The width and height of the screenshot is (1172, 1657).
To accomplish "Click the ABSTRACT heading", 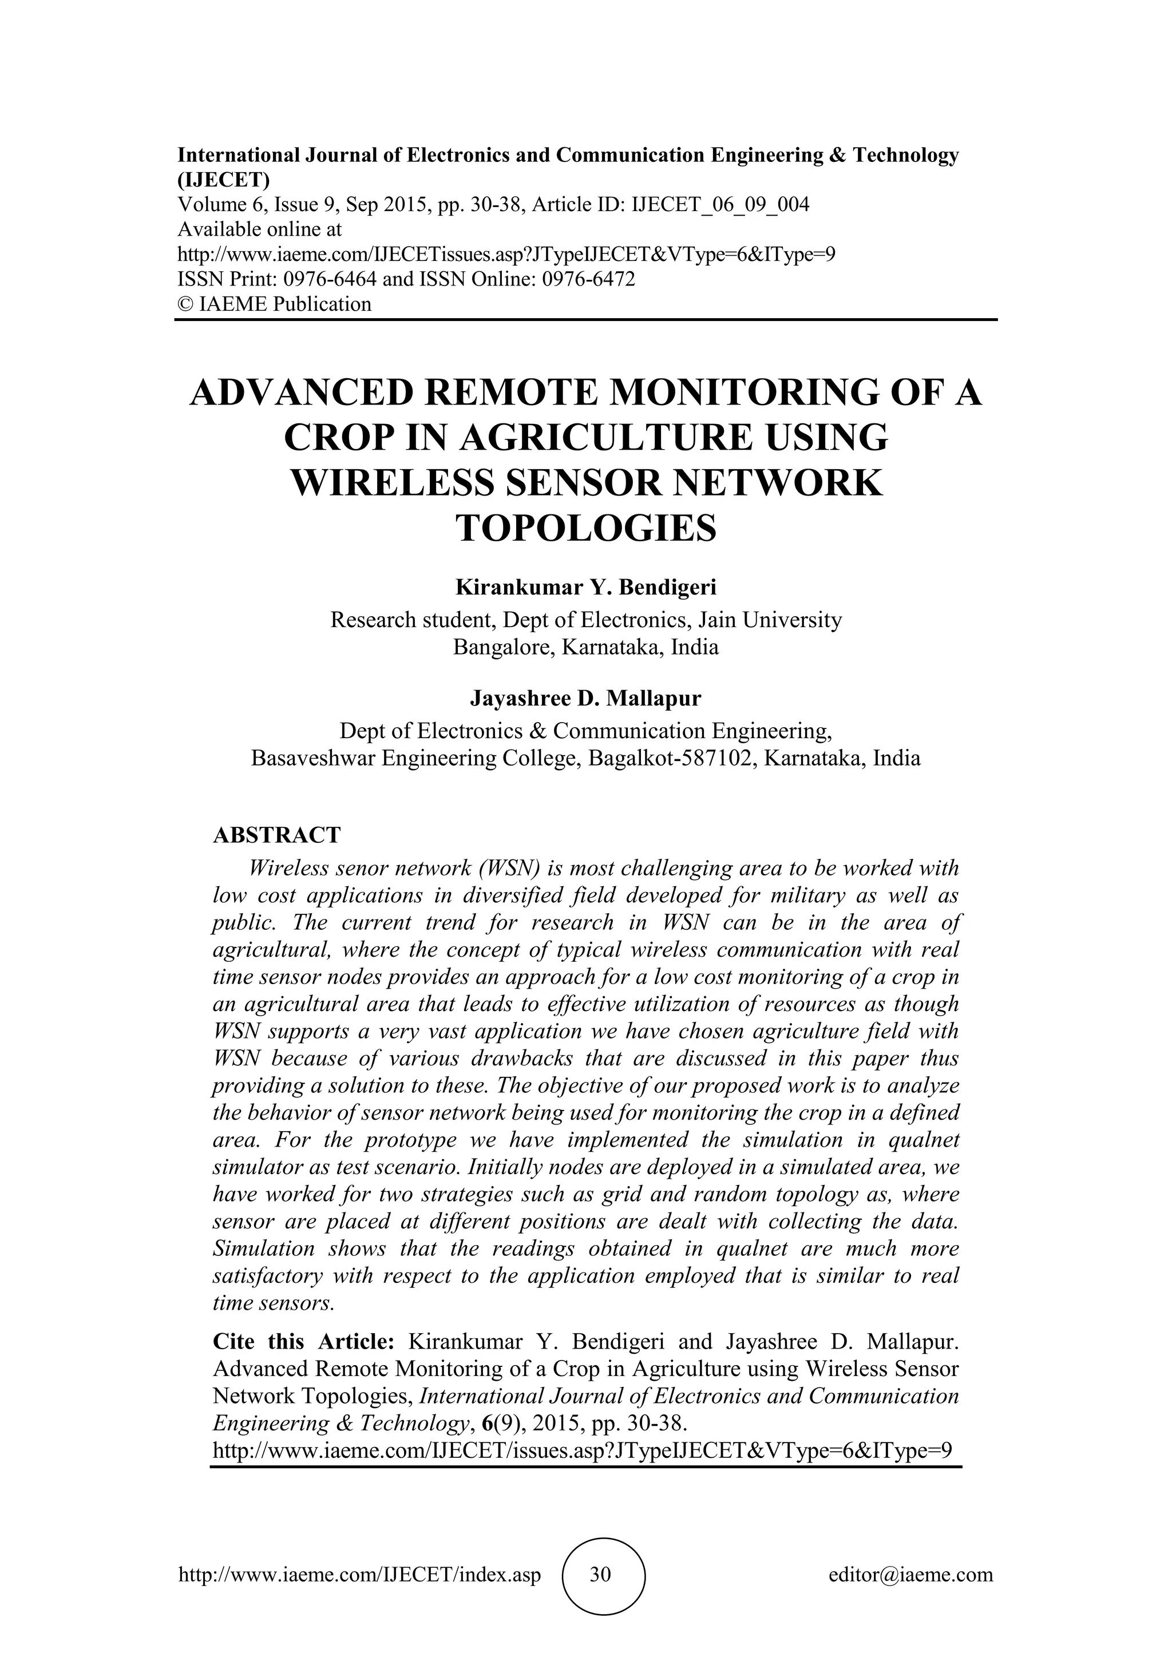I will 276,835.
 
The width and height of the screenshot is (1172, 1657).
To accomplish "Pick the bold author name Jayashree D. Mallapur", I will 586,699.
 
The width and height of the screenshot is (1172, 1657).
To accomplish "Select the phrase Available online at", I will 260,229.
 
